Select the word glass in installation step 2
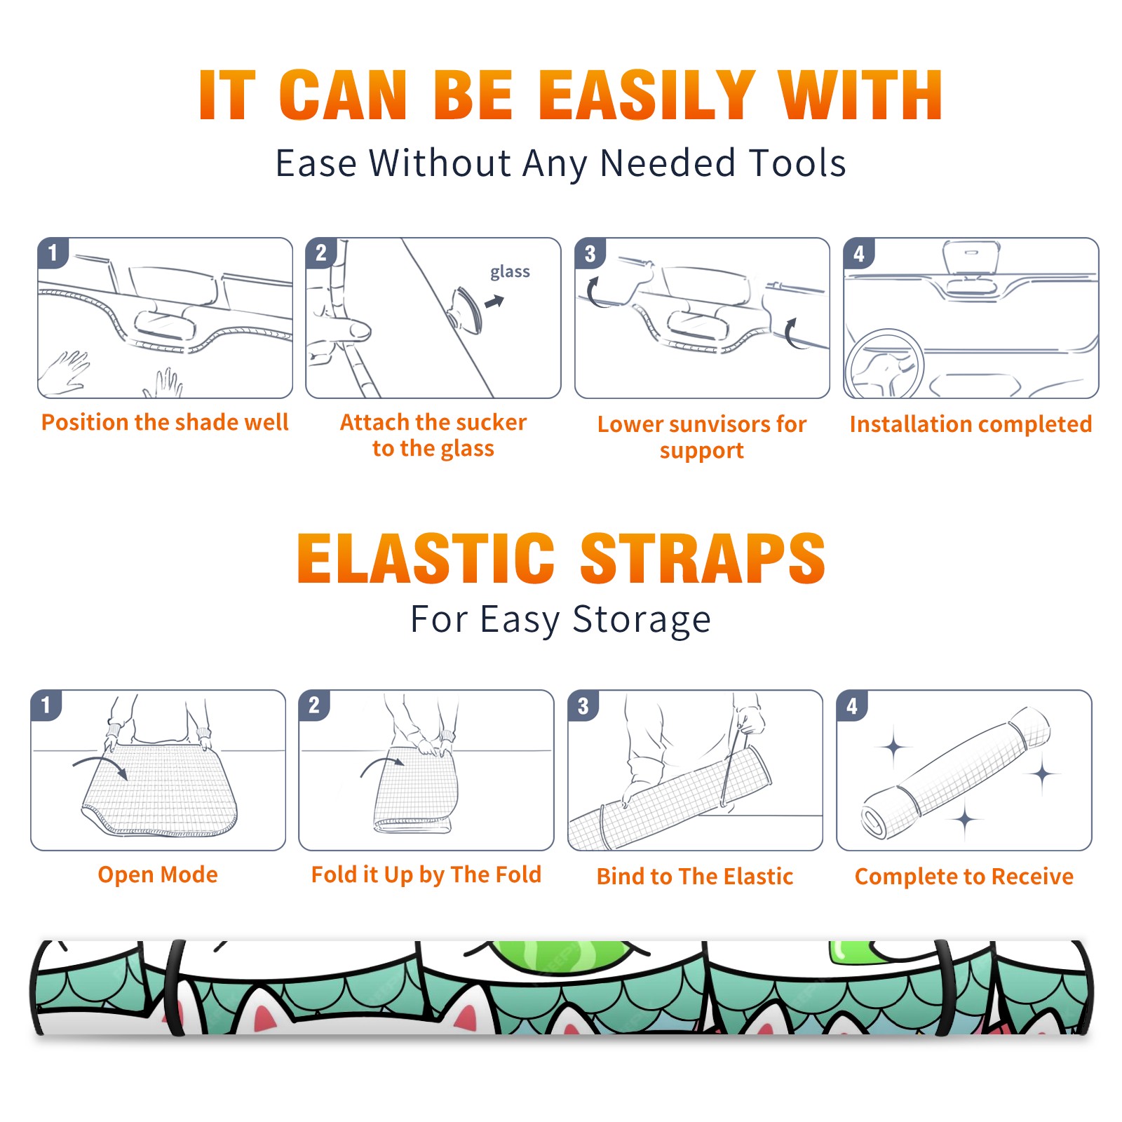pos(510,272)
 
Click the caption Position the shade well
pos(165,422)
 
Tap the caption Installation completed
pos(971,424)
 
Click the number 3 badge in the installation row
pos(590,253)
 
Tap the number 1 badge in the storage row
pos(46,705)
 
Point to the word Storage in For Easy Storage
pos(642,620)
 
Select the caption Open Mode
pos(158,874)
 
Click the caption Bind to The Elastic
pos(694,876)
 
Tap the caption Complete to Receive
pos(964,876)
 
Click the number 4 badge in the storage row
pos(851,705)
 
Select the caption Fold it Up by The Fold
pos(426,874)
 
